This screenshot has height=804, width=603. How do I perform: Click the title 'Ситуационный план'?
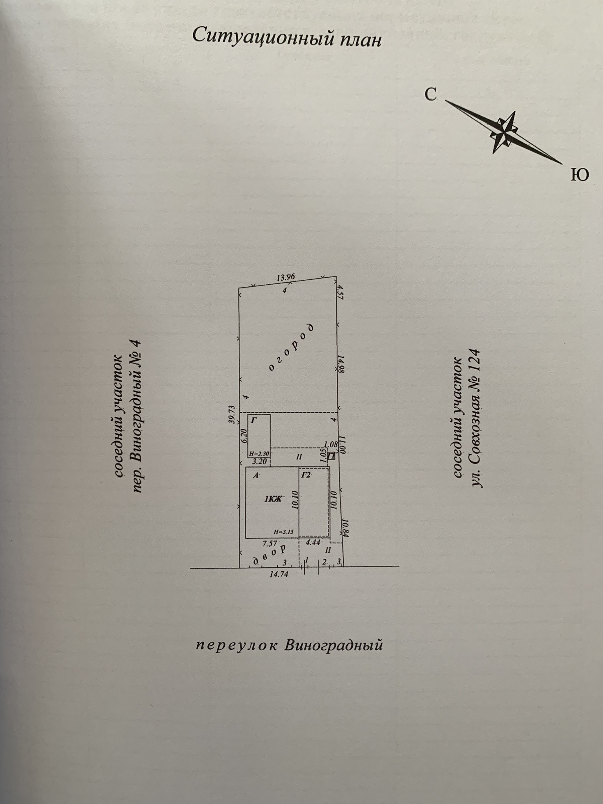coord(287,37)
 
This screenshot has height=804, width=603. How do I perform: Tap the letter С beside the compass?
coord(430,95)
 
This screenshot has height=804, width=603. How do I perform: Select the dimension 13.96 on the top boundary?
coord(286,277)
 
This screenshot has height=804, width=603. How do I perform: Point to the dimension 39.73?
coord(232,414)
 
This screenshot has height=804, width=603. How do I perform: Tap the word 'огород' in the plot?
coord(292,347)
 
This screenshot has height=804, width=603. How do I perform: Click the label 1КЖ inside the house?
coord(273,499)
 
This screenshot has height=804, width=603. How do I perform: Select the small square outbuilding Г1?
coord(331,456)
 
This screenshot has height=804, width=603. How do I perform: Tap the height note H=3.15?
coord(284,532)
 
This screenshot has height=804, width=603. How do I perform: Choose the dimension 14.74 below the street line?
coord(279,575)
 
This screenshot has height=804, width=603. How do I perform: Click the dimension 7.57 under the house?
coord(270,544)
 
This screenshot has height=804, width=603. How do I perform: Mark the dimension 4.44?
coord(313,542)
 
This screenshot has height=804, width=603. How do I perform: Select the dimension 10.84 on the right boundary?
coord(345,528)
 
